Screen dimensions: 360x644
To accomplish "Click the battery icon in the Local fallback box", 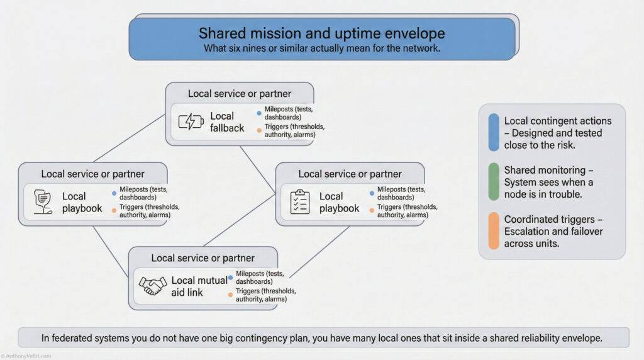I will (191, 121).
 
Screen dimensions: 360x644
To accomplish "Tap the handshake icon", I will (152, 286).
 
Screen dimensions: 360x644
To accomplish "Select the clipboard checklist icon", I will (300, 201).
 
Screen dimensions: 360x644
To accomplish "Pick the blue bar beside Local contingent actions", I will (494, 132).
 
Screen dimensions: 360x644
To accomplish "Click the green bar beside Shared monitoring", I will (494, 182).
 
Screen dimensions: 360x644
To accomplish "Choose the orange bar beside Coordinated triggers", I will (494, 231).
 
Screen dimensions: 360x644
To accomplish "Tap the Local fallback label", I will (226, 121).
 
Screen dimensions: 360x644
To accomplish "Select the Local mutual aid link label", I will (199, 286).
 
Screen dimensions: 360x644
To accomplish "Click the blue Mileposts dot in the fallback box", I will (259, 113).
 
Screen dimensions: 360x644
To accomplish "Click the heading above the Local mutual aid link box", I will (203, 258).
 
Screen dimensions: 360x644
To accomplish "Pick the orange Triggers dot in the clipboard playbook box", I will (372, 210).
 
